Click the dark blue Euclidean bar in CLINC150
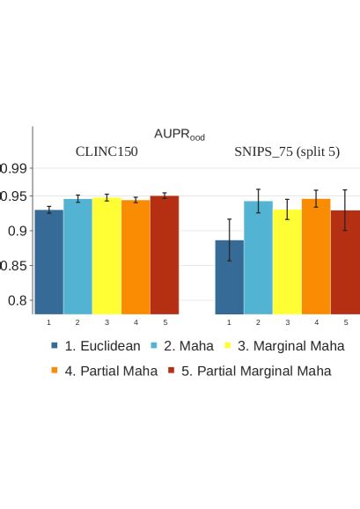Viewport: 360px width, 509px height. click(49, 262)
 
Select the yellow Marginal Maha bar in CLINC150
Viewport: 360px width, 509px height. click(107, 255)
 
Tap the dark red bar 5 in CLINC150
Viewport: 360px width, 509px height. click(165, 254)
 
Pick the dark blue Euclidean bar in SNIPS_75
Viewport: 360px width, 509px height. click(230, 277)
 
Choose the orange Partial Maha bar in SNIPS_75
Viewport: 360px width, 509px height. click(316, 256)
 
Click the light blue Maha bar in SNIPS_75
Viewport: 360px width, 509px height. click(258, 258)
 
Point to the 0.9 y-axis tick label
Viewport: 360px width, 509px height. click(17, 231)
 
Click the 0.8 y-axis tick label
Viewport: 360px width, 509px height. click(17, 300)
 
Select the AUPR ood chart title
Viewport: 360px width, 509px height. click(180, 135)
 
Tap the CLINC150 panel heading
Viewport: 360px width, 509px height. click(107, 151)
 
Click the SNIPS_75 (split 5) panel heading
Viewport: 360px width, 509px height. click(287, 152)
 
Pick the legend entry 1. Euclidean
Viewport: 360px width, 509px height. click(96, 346)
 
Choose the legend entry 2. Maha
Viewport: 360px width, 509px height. click(182, 346)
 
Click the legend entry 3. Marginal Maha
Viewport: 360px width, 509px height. click(284, 346)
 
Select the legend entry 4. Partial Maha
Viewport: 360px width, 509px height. click(105, 371)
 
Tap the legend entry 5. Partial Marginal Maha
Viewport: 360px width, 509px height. click(249, 371)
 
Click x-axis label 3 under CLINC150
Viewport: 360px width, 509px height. click(107, 322)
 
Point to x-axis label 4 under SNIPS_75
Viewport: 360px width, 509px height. click(317, 322)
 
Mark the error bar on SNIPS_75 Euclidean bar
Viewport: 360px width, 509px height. click(230, 240)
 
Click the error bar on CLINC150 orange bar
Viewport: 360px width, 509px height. click(136, 200)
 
